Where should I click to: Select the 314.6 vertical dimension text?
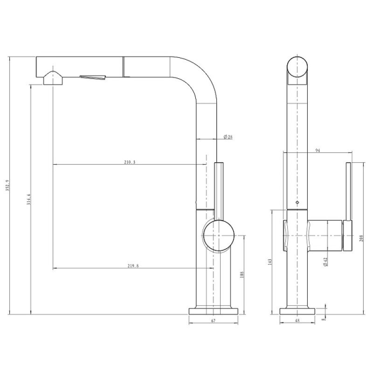tap(29, 200)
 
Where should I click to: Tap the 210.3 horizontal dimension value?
tap(130, 162)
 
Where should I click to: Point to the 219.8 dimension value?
tap(133, 266)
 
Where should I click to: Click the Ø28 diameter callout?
tap(228, 137)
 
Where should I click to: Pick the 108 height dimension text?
tap(242, 275)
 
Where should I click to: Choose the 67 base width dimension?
tap(213, 321)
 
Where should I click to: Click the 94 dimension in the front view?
tap(318, 150)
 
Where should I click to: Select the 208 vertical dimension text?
tap(361, 238)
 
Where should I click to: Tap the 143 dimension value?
tap(269, 262)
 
